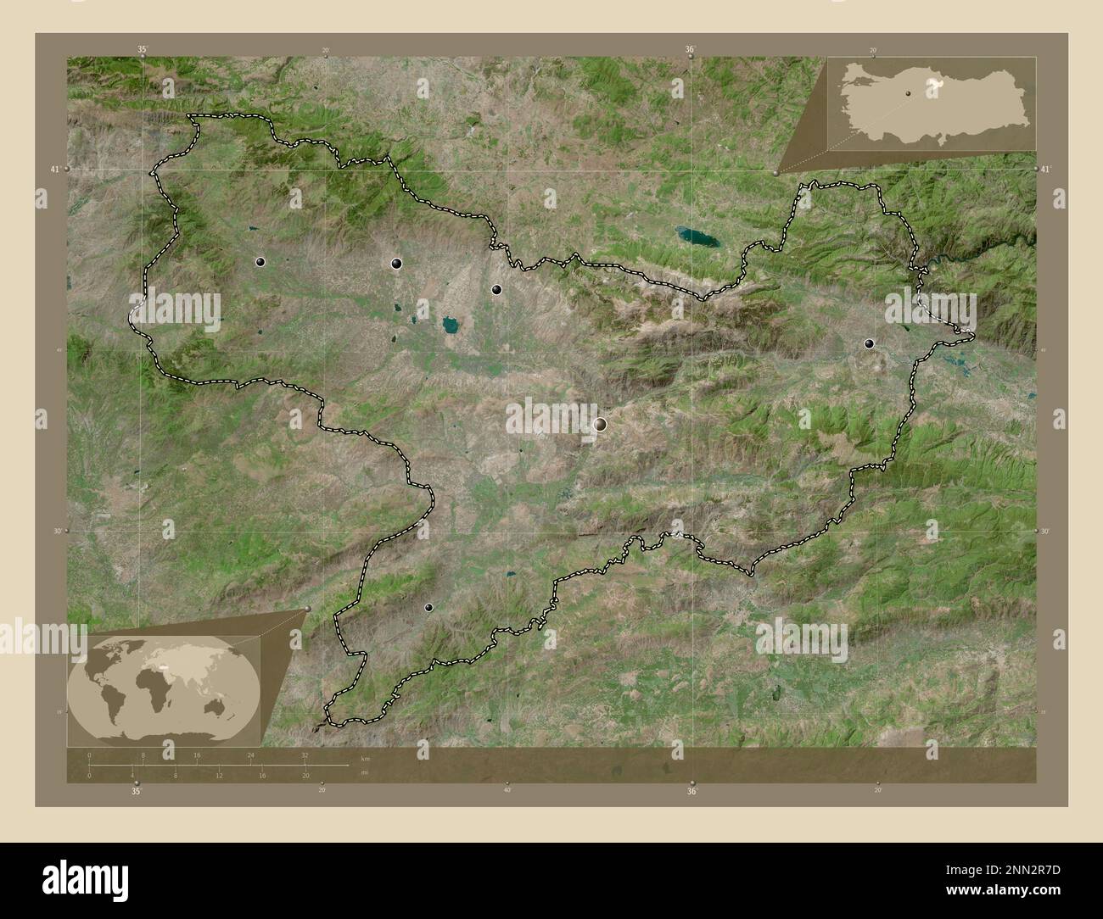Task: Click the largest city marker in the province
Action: [601, 424]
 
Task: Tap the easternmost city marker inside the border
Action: [868, 343]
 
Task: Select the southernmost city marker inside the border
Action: [428, 607]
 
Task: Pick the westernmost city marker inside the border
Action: [260, 263]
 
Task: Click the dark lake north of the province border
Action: [697, 235]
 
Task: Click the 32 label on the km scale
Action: [305, 754]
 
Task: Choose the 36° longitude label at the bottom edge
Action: [692, 791]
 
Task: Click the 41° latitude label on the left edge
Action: [54, 170]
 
